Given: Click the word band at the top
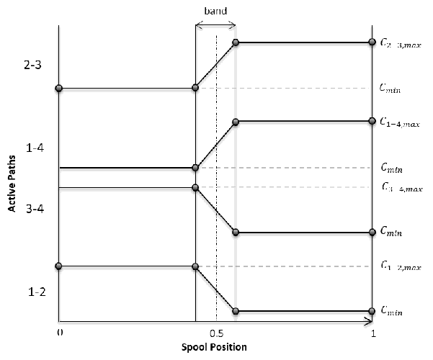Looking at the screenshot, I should coord(215,11).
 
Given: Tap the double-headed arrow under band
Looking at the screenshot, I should coord(215,24).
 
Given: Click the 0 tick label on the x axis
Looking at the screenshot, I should coord(60,333).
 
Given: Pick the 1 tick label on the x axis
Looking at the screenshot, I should coord(372,334).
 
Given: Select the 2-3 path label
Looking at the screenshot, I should coord(32,66).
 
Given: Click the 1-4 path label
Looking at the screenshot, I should coord(32,149).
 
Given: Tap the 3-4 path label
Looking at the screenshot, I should coord(32,214).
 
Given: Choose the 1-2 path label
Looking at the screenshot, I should coord(32,292).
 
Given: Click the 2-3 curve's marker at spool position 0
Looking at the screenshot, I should coord(59,89).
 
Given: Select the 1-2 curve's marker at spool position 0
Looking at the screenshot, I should coord(59,266).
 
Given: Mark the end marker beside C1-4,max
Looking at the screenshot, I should coord(372,121).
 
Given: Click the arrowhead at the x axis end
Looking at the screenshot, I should coord(369,319).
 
